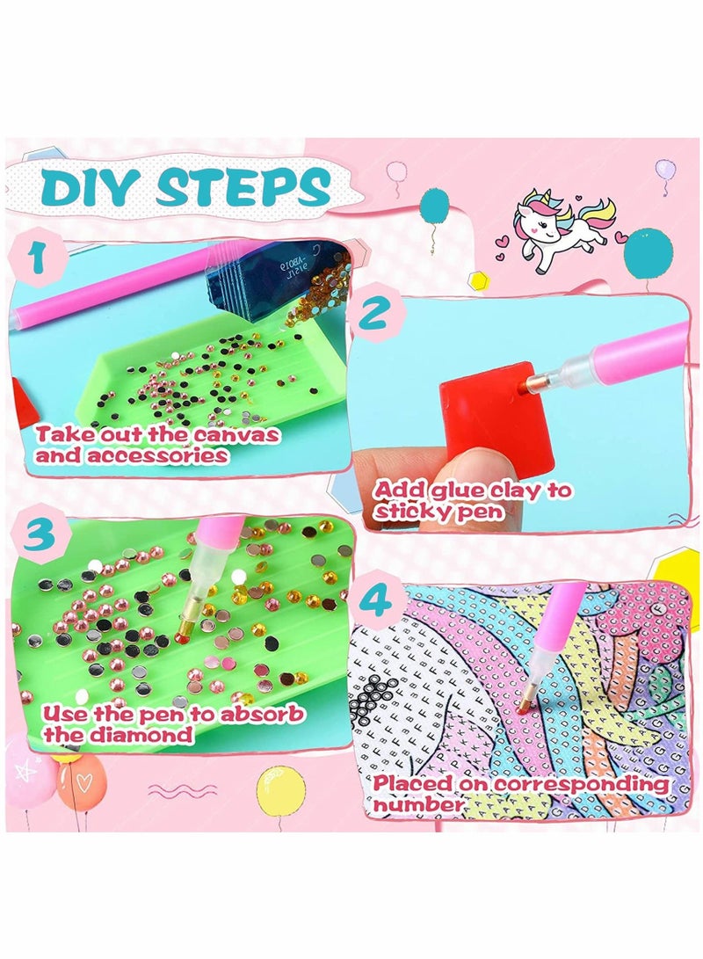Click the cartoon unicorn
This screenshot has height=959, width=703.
coord(562,231)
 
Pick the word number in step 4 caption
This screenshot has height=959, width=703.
coord(417,804)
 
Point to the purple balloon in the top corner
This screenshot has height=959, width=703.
coord(665,170)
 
